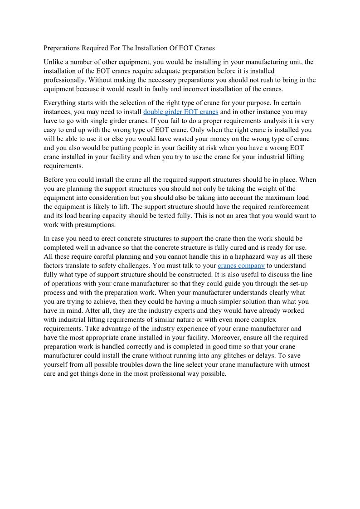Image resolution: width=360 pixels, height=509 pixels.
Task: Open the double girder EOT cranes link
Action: tap(180, 112)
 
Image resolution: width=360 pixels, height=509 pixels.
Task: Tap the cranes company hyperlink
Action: tap(241, 266)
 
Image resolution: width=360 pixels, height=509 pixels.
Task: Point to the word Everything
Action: tap(59, 103)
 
